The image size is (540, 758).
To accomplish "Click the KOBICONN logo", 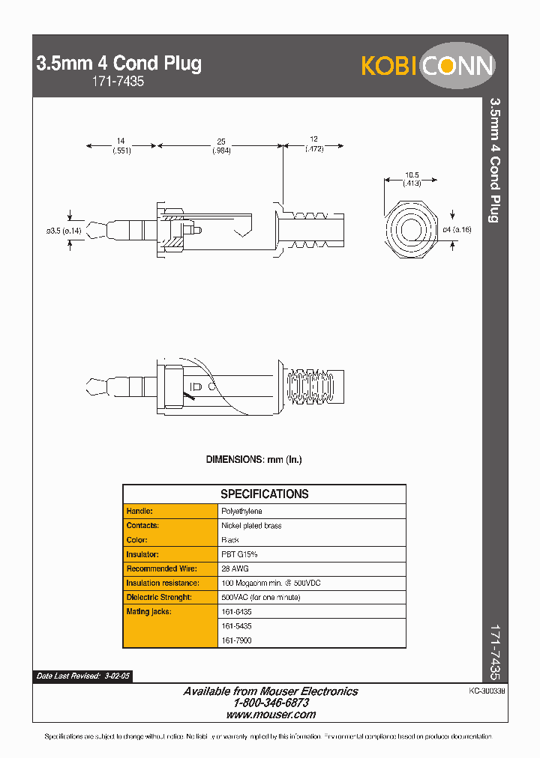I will tap(427, 66).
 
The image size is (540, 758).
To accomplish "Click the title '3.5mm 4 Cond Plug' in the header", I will tap(119, 64).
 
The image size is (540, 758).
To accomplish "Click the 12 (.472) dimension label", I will tap(313, 144).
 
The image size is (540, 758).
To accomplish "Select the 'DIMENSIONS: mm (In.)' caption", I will tap(253, 459).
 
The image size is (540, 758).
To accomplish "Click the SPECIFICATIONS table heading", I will tap(264, 494).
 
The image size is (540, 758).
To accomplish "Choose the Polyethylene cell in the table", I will tap(241, 511).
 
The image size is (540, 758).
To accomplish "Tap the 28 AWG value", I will tap(232, 568).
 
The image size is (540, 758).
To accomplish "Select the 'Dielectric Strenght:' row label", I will tap(159, 597).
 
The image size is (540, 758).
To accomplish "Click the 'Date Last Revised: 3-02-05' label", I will tap(83, 676).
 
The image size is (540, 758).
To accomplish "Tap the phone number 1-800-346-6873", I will tap(271, 703).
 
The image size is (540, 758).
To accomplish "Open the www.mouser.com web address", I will tap(271, 715).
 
